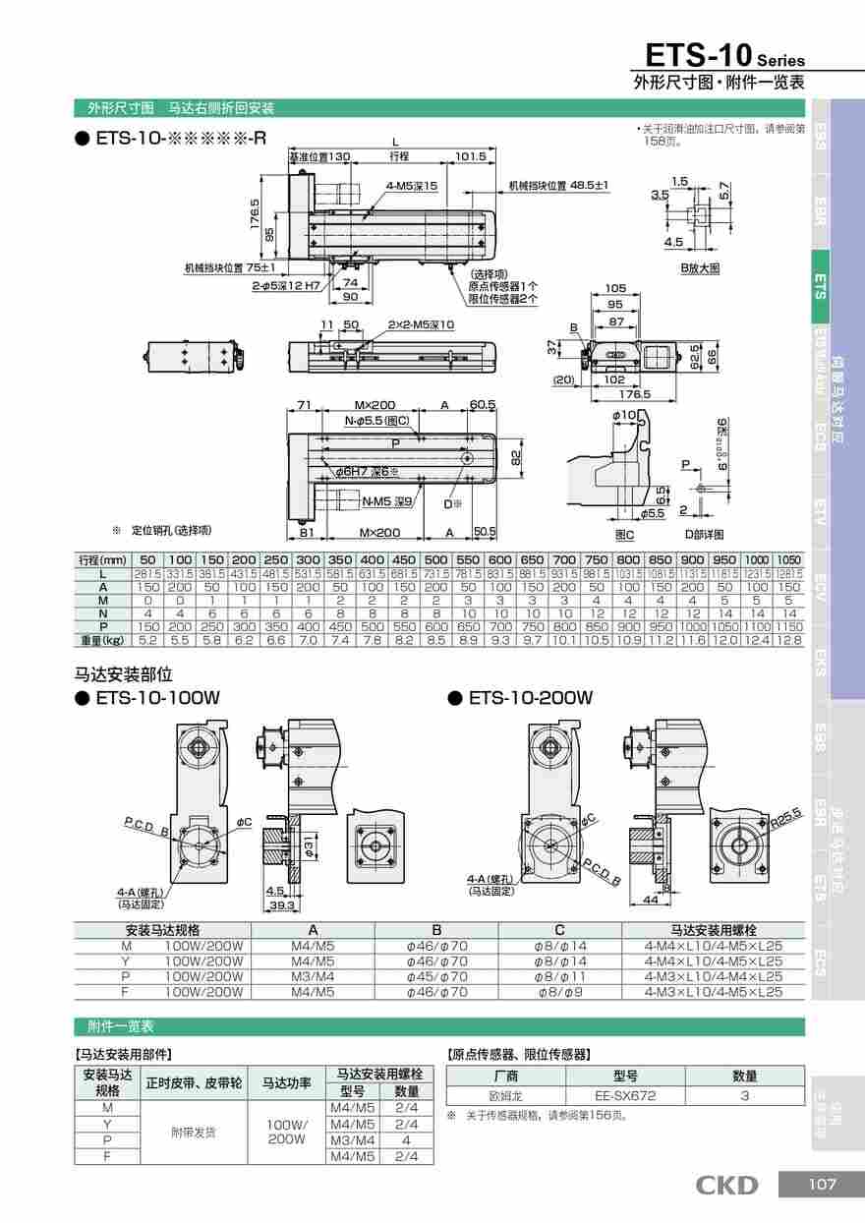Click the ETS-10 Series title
pyautogui.click(x=723, y=54)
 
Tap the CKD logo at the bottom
pyautogui.click(x=726, y=1186)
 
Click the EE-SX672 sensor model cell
pyautogui.click(x=624, y=1095)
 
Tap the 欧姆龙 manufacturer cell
pyautogui.click(x=505, y=1095)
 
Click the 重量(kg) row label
pyautogui.click(x=102, y=640)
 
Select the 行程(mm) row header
pyautogui.click(x=102, y=559)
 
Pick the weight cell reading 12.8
pyautogui.click(x=788, y=640)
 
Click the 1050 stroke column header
pyautogui.click(x=788, y=559)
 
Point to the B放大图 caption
pyautogui.click(x=700, y=267)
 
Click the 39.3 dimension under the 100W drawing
pyautogui.click(x=282, y=904)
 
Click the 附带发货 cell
pyautogui.click(x=194, y=1132)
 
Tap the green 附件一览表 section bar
pyautogui.click(x=439, y=1026)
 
